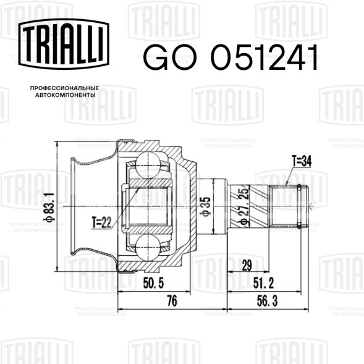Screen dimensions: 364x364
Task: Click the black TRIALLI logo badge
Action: click(x=64, y=44)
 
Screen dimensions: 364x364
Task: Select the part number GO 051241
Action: click(x=231, y=57)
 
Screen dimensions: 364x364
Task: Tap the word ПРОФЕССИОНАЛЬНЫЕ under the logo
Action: click(x=64, y=88)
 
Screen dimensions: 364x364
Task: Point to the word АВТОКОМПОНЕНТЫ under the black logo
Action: click(x=66, y=95)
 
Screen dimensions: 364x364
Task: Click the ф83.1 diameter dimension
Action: click(x=49, y=206)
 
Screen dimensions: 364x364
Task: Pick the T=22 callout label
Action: click(x=101, y=222)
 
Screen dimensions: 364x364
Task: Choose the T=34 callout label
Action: click(x=302, y=161)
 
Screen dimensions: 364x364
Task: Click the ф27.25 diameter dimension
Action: click(x=243, y=206)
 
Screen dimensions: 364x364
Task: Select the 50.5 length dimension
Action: click(x=153, y=283)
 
